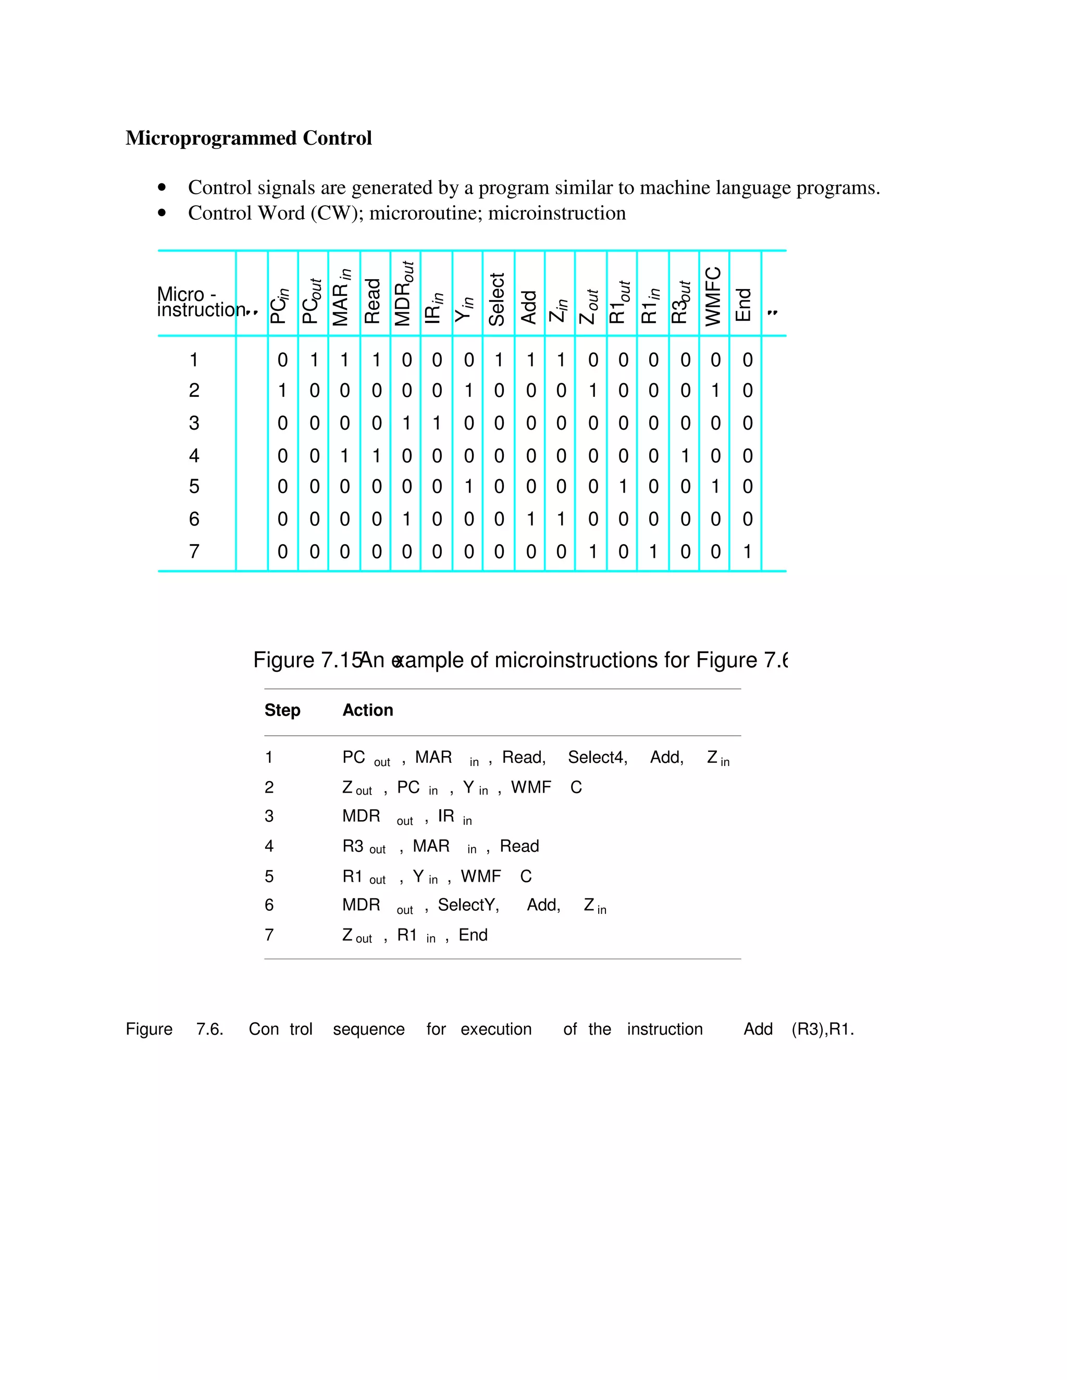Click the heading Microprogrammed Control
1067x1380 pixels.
coord(249,138)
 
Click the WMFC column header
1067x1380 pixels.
coord(713,296)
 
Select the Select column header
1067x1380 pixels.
coord(497,299)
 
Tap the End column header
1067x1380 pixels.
coord(744,305)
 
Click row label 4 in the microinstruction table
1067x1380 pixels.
coord(194,456)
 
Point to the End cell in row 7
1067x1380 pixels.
coord(747,551)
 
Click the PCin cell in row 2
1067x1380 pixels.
coord(282,391)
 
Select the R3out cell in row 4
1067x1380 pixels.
coord(685,456)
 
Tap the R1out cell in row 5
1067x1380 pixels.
coord(623,486)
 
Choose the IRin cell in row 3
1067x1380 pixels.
coord(437,423)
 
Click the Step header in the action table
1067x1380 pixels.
coord(282,710)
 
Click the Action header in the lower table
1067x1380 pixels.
coord(367,710)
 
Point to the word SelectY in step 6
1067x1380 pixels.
coord(468,905)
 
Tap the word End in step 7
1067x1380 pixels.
coord(473,935)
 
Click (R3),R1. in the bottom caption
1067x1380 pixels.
coord(822,1030)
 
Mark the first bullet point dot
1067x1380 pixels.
coord(163,187)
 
